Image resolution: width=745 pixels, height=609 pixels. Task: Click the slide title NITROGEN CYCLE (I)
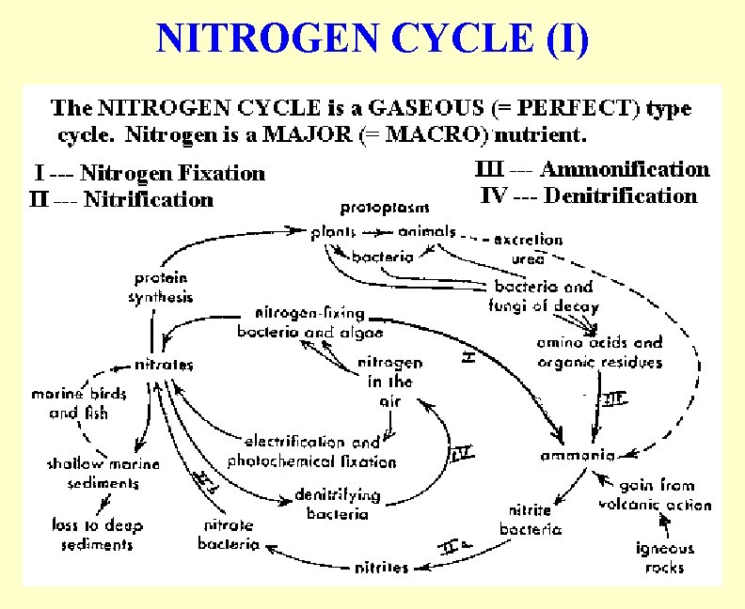pos(372,39)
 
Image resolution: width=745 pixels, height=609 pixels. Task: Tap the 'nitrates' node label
pos(164,364)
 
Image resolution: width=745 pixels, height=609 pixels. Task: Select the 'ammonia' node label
pos(578,455)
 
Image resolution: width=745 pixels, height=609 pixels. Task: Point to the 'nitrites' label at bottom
pos(381,567)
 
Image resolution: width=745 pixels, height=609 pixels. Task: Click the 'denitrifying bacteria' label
pos(337,503)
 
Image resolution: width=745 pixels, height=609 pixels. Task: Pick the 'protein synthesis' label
pos(160,288)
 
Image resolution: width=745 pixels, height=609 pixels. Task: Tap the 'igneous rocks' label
pos(664,557)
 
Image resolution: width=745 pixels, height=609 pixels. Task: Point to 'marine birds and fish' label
pos(79,403)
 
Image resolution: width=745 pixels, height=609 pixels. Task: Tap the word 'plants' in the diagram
pos(334,231)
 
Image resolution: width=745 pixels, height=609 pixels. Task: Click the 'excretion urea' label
pos(528,249)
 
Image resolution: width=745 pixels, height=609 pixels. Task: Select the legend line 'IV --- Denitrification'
pos(589,195)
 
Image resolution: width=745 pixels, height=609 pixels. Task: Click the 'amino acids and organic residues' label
pos(599,352)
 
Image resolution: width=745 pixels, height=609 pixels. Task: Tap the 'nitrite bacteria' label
pos(531,520)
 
